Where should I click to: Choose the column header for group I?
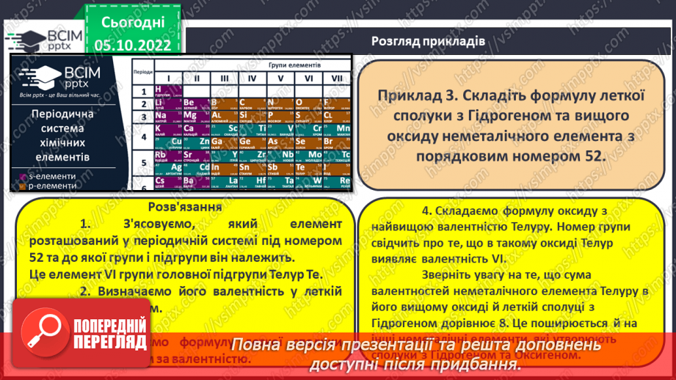coord(167,78)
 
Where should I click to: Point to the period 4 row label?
coord(142,136)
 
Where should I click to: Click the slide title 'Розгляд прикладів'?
coord(428,41)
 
